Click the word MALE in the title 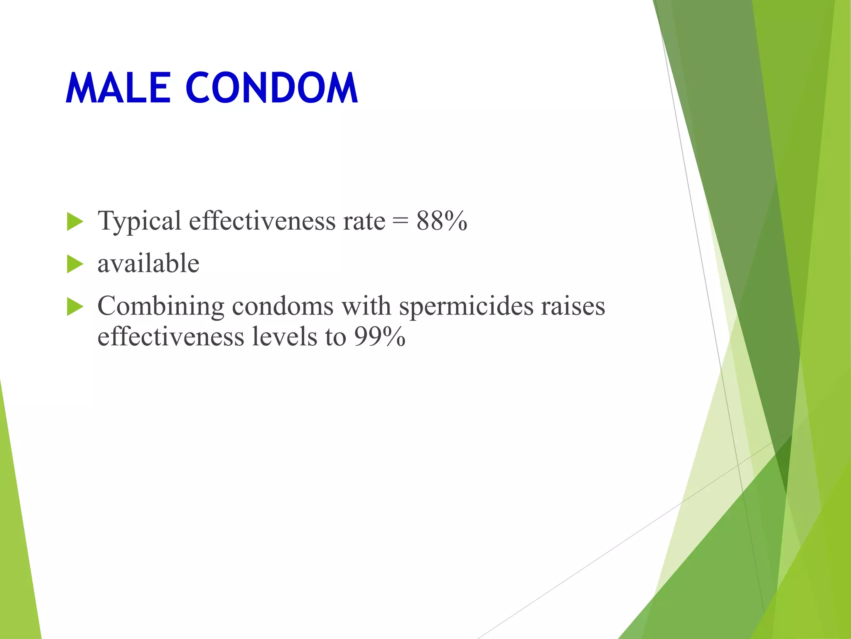tap(118, 88)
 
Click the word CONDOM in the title tap(271, 88)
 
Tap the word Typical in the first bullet tap(139, 221)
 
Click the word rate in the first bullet tap(364, 221)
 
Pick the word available tap(148, 264)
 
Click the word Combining tap(161, 307)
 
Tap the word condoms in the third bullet tap(283, 306)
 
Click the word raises tap(573, 306)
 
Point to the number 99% tap(379, 337)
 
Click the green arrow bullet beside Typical tap(75, 221)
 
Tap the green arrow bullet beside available tap(75, 264)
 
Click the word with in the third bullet tap(366, 306)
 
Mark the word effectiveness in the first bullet tap(262, 221)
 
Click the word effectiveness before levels tap(171, 337)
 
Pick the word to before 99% tap(336, 337)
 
